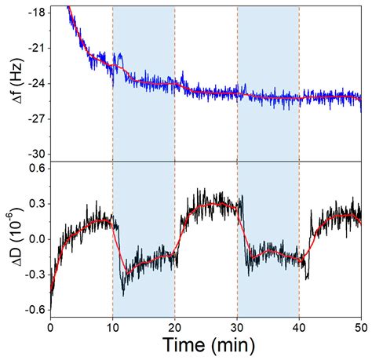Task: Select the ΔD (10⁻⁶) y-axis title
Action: [12, 240]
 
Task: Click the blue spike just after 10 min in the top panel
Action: [119, 56]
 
